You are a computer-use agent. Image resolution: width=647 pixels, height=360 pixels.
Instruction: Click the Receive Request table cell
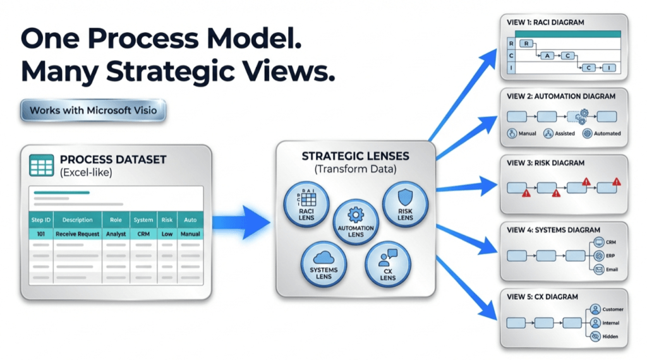[78, 234]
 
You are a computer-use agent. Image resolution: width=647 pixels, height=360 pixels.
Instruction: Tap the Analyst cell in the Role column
[116, 234]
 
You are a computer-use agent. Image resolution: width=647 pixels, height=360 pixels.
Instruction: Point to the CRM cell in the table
[143, 234]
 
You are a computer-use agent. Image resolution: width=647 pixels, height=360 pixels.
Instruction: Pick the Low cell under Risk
[167, 234]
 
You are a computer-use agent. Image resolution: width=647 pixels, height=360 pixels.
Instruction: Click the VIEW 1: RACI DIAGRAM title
[545, 22]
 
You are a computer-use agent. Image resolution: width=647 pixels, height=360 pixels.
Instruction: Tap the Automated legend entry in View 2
[602, 133]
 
